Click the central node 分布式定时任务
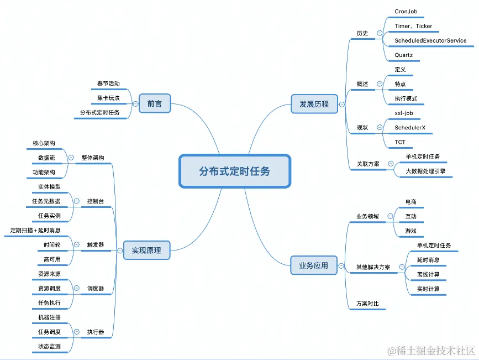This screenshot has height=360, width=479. pos(235,171)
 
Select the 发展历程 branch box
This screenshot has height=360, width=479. pos(314,103)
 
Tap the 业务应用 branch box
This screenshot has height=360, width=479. pos(314,265)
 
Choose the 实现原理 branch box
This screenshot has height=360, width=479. pos(146,250)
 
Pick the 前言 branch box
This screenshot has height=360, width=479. pos(155,103)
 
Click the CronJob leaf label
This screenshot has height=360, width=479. pos(406,11)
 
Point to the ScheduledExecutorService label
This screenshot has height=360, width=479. pos(430,40)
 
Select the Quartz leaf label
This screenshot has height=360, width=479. pos(403,55)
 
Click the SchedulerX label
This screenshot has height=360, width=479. pos(409,128)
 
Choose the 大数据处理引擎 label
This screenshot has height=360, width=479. pos(425,171)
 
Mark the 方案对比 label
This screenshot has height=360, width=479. pos(367,304)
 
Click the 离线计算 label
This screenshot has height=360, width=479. pos(428,274)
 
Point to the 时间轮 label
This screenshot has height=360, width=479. pos(52,244)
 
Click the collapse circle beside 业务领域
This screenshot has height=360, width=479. pos(391,216)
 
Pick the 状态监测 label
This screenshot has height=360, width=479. pos(49,347)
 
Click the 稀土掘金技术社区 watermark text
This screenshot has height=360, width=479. pos(435,351)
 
